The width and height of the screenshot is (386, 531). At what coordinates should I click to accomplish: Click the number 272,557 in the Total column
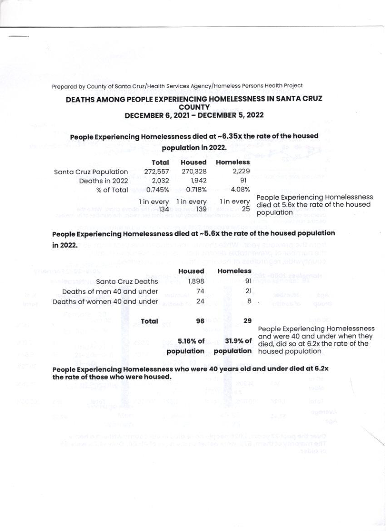pyautogui.click(x=157, y=172)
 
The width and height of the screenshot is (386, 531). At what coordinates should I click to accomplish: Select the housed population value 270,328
pyautogui.click(x=193, y=172)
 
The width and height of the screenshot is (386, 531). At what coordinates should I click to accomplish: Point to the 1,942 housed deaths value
pyautogui.click(x=198, y=181)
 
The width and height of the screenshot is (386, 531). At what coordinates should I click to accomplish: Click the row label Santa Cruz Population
pyautogui.click(x=91, y=172)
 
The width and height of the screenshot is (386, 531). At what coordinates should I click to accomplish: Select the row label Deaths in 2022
pyautogui.click(x=104, y=181)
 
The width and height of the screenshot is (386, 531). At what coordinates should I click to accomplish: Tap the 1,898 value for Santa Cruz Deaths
pyautogui.click(x=196, y=281)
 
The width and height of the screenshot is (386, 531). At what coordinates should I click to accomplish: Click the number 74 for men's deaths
pyautogui.click(x=198, y=291)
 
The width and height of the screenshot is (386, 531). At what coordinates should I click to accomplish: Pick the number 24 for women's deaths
pyautogui.click(x=198, y=300)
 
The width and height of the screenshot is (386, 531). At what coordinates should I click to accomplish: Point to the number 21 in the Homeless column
pyautogui.click(x=247, y=291)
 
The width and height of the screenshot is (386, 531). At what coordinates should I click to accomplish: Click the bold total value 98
pyautogui.click(x=198, y=320)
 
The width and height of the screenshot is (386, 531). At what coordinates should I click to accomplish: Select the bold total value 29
pyautogui.click(x=247, y=320)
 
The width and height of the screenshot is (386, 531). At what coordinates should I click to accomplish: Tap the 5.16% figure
pyautogui.click(x=191, y=341)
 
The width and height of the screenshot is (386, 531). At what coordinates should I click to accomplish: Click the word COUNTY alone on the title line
pyautogui.click(x=194, y=107)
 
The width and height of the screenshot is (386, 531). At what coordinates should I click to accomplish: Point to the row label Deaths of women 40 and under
pyautogui.click(x=105, y=301)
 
